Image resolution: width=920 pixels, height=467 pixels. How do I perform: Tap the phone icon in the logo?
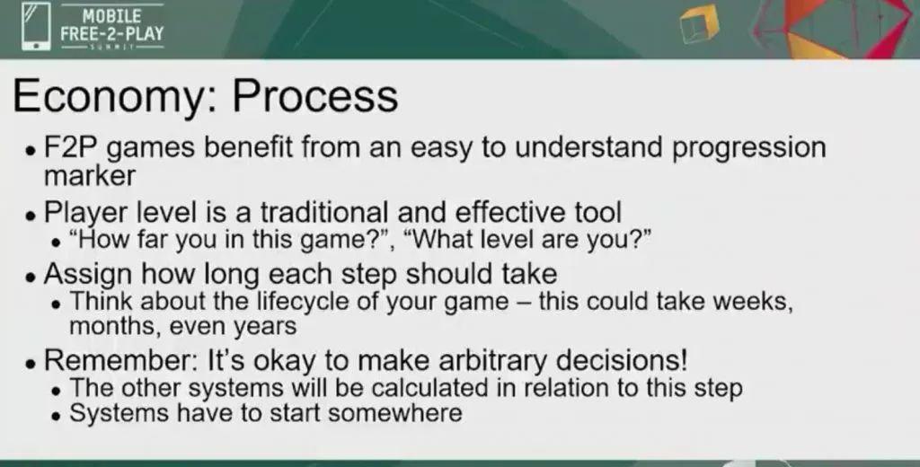click(x=36, y=28)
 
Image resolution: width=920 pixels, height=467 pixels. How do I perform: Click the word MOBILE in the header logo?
click(x=111, y=15)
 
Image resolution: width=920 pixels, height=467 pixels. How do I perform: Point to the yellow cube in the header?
click(x=699, y=24)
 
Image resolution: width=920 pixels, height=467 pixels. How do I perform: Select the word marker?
click(x=90, y=175)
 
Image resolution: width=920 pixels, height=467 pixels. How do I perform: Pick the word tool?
click(x=597, y=212)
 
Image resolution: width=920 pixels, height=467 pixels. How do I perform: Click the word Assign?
click(x=88, y=275)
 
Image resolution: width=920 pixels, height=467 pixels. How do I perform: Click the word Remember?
click(x=121, y=359)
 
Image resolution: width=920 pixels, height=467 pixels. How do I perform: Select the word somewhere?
click(x=394, y=413)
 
